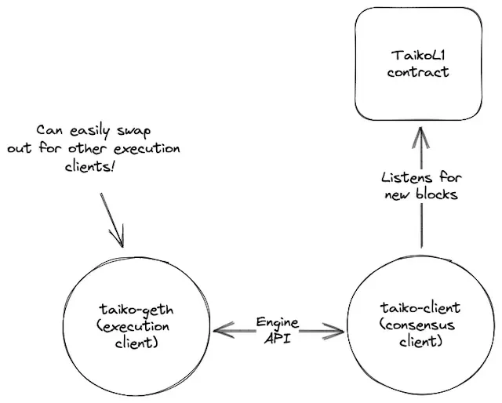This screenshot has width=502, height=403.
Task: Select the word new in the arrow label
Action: click(398, 194)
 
